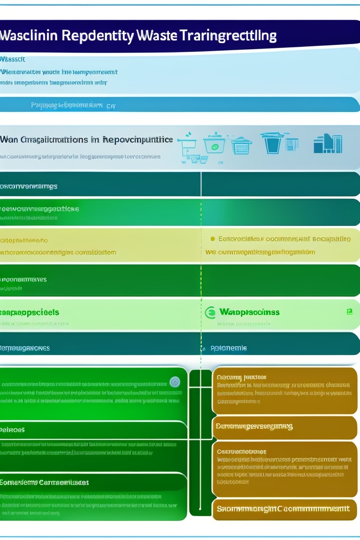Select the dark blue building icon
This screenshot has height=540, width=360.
(328, 143)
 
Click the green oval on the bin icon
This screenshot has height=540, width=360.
(215, 146)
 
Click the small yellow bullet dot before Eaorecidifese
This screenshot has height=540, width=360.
(213, 239)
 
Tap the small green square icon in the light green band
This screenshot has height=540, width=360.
(349, 311)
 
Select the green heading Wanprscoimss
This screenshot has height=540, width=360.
(249, 312)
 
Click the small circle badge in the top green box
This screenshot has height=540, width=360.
(175, 382)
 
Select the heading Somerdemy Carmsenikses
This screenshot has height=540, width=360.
(45, 482)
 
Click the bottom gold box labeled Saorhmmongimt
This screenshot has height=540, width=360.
(284, 509)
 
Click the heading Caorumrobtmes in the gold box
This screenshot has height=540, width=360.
(242, 451)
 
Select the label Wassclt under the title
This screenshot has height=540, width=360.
(13, 60)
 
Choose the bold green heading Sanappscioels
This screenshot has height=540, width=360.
(30, 312)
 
